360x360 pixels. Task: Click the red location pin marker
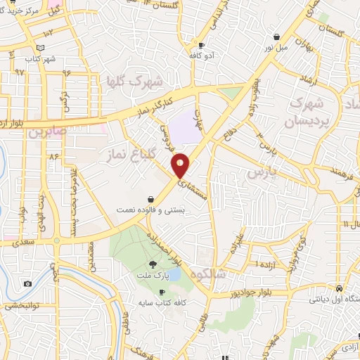pyautogui.click(x=181, y=165)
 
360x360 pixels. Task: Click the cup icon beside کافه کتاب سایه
pyautogui.click(x=162, y=292)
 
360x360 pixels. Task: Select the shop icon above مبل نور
pyautogui.click(x=278, y=37)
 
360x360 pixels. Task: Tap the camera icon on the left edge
pyautogui.click(x=27, y=284)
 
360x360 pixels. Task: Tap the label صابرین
pyautogui.click(x=53, y=131)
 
